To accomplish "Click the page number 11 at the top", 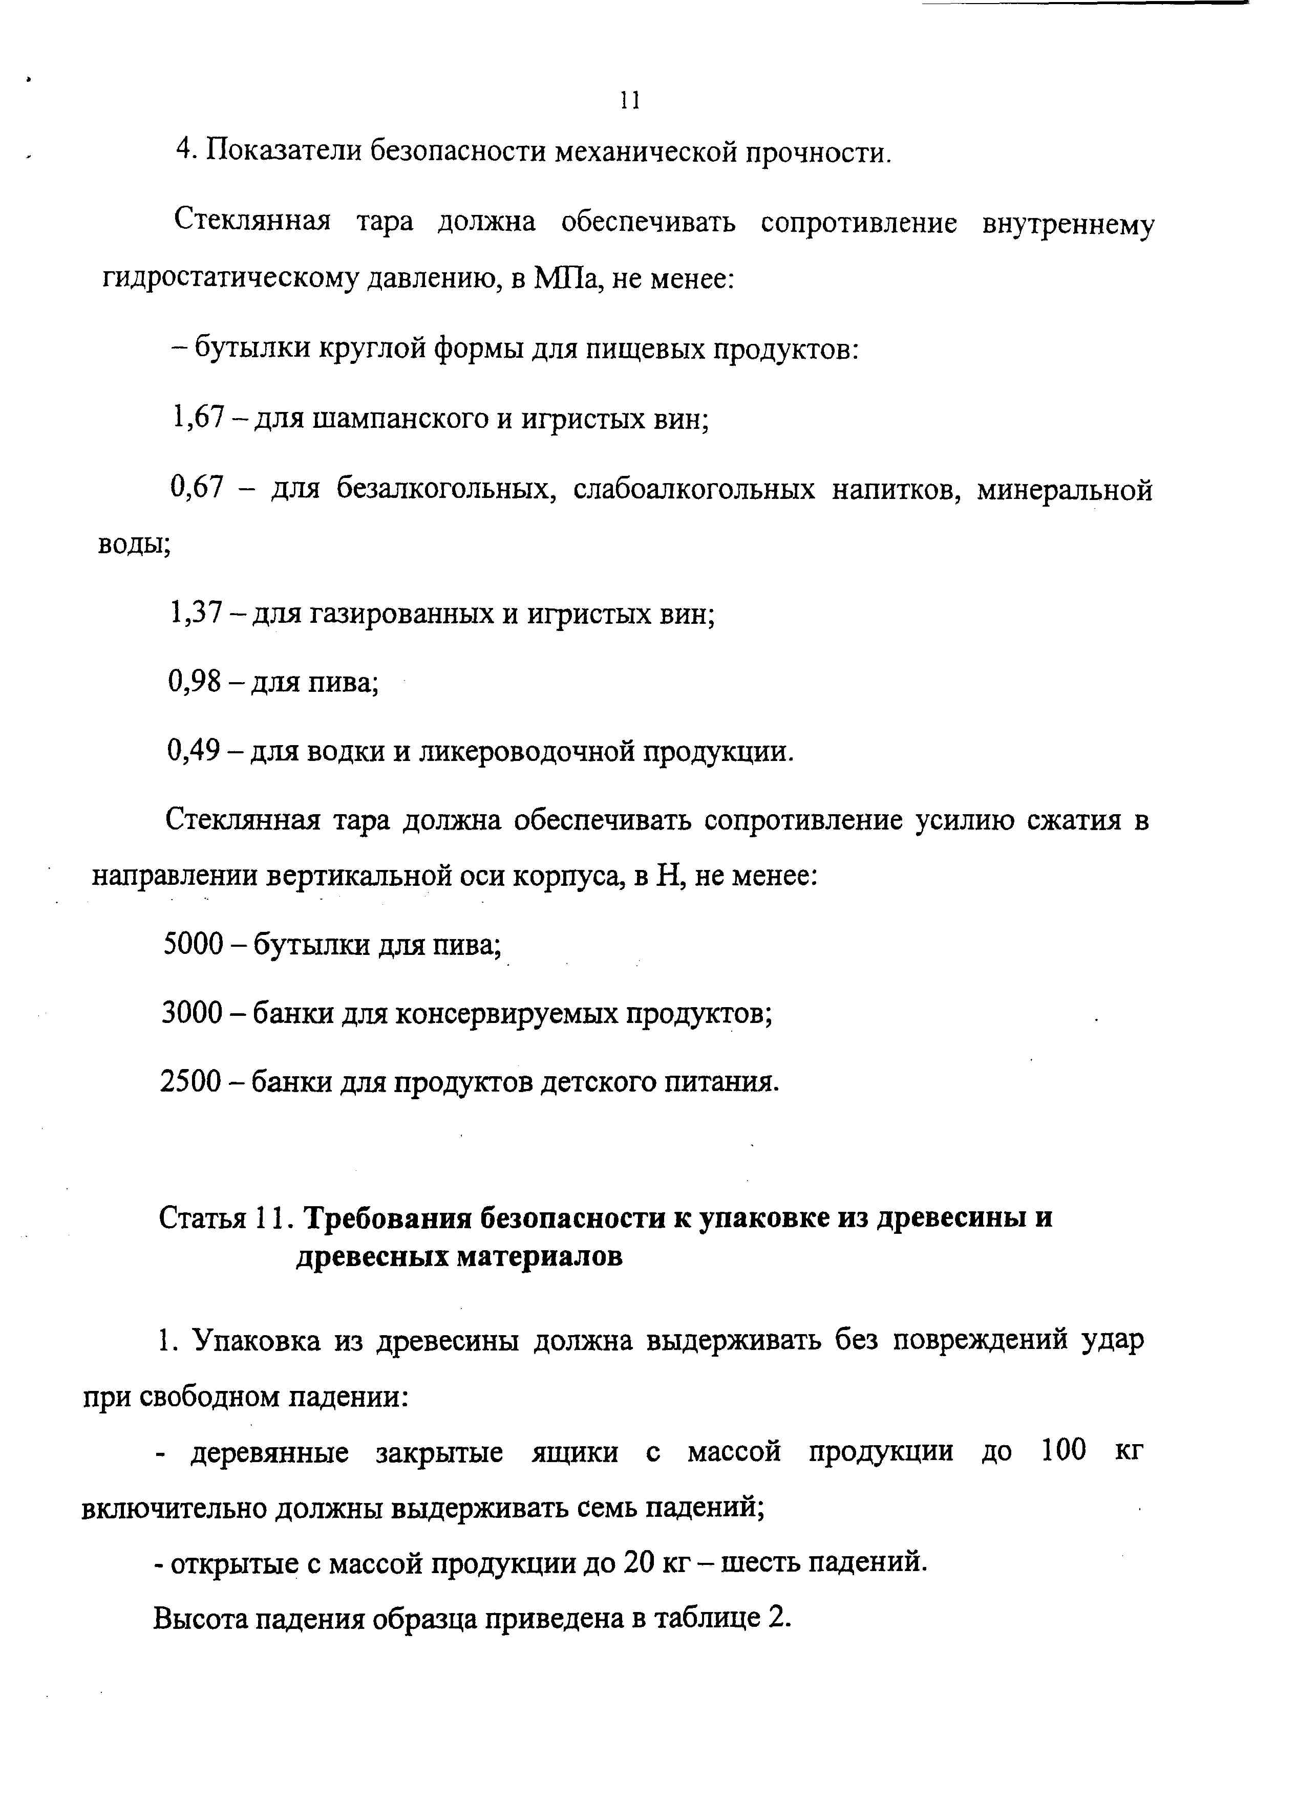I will [629, 100].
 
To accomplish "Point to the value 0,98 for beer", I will [195, 682].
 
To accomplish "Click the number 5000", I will [193, 945].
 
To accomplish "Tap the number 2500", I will [192, 1082].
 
